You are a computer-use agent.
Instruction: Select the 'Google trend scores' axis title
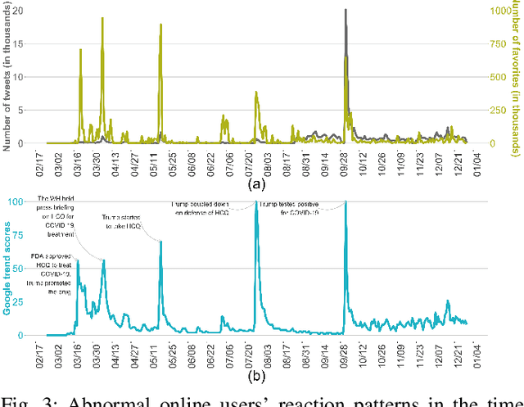point(7,269)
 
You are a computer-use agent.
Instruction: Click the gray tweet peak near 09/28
point(345,11)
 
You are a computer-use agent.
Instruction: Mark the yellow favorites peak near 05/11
point(160,25)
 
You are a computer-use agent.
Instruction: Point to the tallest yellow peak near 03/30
point(102,18)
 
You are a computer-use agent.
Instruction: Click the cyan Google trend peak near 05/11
point(160,242)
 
